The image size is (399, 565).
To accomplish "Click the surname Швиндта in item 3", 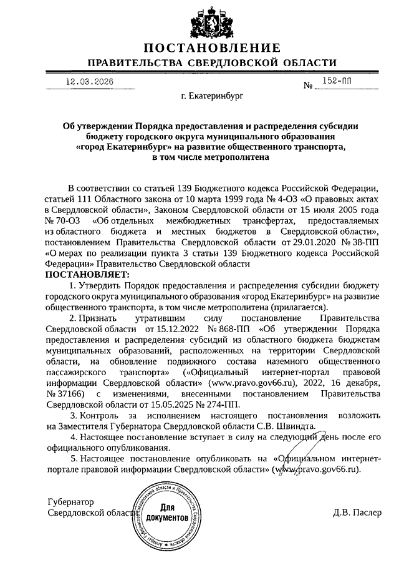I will tap(298, 426).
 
